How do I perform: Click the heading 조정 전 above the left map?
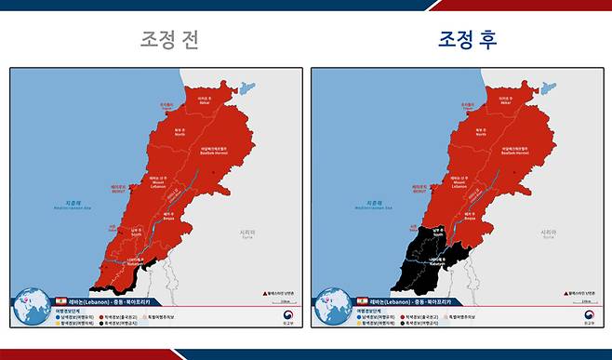tap(169, 39)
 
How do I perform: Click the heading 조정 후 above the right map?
tap(468, 39)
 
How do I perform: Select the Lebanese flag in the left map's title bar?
tap(57, 303)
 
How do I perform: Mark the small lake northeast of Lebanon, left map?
tap(246, 89)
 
